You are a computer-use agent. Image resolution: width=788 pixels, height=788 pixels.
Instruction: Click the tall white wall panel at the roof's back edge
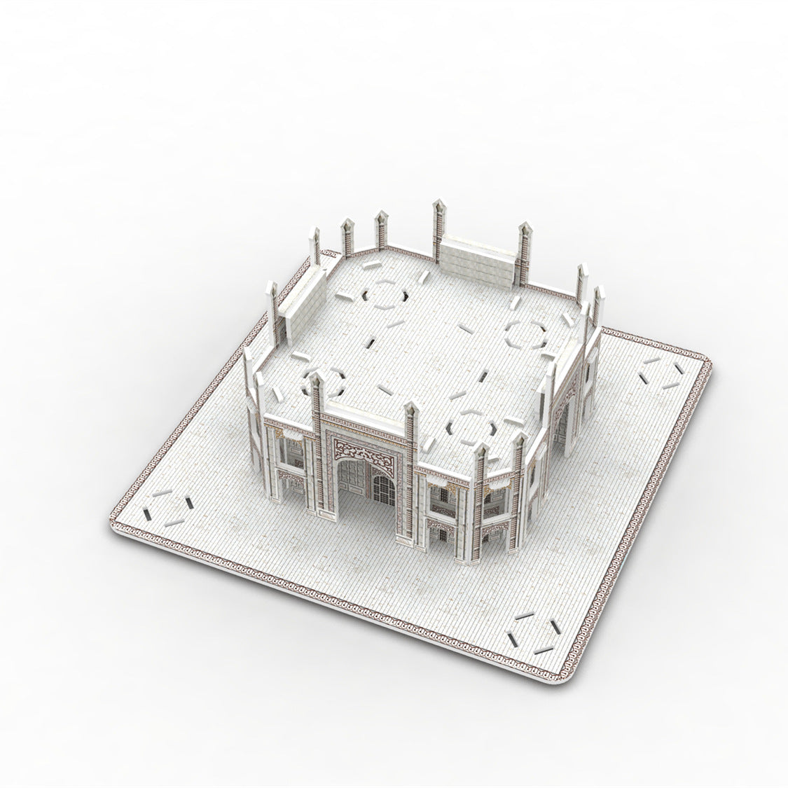478,261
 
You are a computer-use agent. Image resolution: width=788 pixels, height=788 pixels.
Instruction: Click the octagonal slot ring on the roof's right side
525,334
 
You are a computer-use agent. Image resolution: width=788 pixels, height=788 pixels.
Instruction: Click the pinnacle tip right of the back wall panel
523,229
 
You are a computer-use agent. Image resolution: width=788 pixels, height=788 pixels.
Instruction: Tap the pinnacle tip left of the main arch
314,380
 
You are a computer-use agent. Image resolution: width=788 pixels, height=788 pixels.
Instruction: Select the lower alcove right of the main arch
442,533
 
